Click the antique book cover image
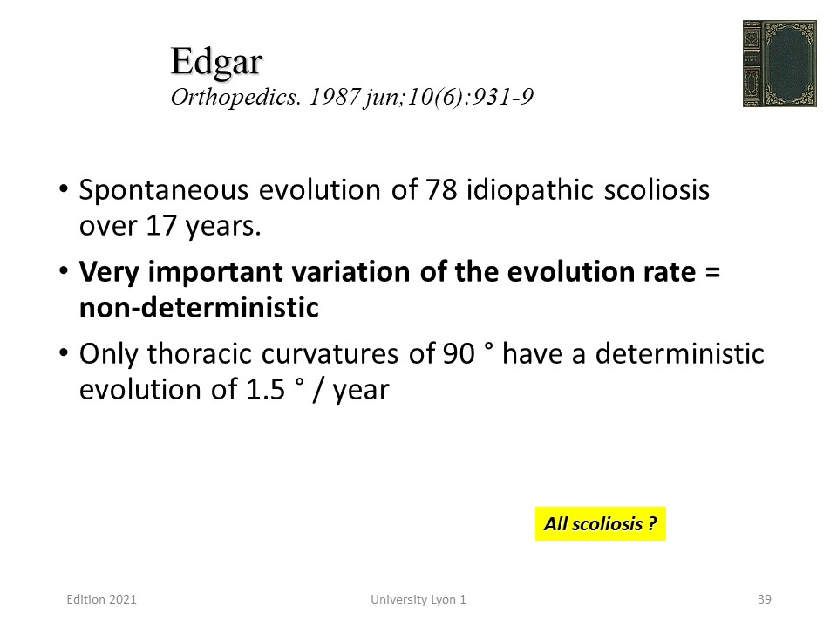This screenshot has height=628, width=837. tap(779, 64)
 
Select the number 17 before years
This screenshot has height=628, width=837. tap(161, 226)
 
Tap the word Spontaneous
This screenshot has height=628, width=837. tap(164, 191)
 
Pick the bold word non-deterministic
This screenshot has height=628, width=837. tap(199, 308)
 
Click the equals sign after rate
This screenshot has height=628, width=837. tap(712, 272)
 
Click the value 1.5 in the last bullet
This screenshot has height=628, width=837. tap(266, 389)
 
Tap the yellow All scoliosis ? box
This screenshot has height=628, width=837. tap(601, 523)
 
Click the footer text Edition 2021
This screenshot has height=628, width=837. tap(101, 599)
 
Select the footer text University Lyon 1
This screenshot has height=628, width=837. tap(418, 600)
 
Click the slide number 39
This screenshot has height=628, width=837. tap(765, 599)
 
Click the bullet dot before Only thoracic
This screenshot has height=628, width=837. tap(64, 353)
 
